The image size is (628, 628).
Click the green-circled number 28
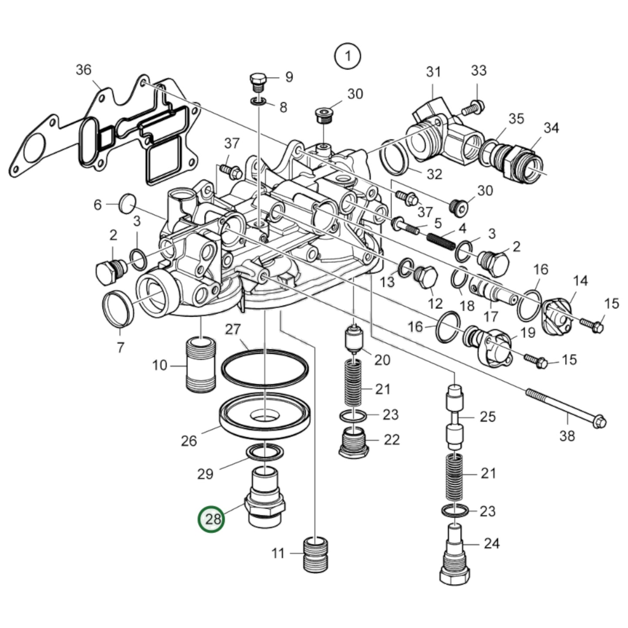[x=212, y=519]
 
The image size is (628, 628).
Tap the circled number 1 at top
[x=347, y=56]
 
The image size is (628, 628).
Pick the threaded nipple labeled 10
[x=200, y=365]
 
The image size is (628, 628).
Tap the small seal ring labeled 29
[x=265, y=453]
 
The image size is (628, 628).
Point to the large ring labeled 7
[x=118, y=309]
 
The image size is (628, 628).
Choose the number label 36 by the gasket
[x=83, y=70]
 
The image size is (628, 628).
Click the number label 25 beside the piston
[x=488, y=416]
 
